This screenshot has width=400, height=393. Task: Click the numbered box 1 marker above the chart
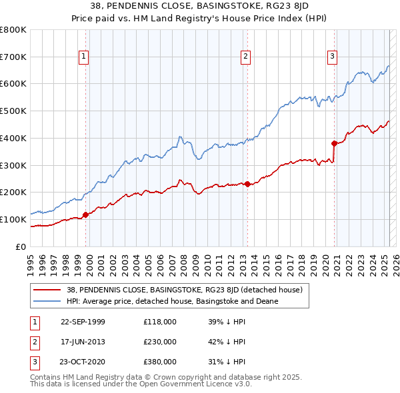(x=84, y=57)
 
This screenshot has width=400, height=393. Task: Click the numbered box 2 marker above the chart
(x=246, y=57)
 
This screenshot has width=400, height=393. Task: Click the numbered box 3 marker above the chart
(x=332, y=57)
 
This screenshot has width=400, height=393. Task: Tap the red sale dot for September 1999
(x=85, y=214)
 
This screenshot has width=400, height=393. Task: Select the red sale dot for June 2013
(x=247, y=184)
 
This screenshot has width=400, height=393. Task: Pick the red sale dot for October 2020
(x=334, y=143)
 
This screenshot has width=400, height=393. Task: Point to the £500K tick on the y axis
(x=13, y=111)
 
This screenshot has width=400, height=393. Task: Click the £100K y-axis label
(x=13, y=219)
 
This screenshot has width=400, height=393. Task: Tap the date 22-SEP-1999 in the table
(x=83, y=322)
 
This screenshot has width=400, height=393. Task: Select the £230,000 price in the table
(x=160, y=342)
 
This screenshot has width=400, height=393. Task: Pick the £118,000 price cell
(x=160, y=322)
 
